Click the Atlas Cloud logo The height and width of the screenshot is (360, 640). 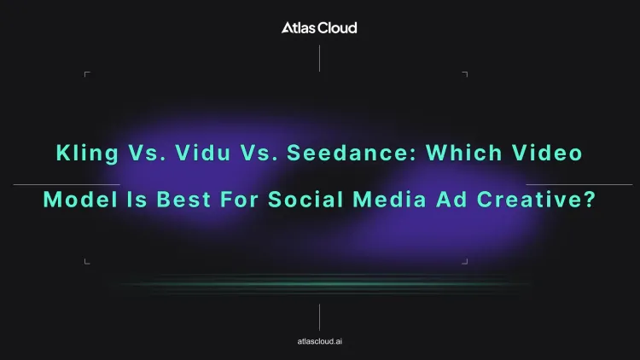point(319,28)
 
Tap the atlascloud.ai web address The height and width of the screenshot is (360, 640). point(320,341)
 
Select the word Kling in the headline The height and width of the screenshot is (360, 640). point(87,154)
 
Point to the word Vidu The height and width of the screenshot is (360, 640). point(203,153)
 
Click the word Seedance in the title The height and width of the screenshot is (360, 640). point(352,153)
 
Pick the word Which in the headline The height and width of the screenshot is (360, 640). point(464,153)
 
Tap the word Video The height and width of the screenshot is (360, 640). point(547,153)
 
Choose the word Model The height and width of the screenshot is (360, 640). point(80,199)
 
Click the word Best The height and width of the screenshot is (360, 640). point(183,199)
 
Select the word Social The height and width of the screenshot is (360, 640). point(305,199)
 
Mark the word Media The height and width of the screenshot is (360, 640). point(390,199)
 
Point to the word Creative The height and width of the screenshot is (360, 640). point(530,199)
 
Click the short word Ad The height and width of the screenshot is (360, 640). point(451,199)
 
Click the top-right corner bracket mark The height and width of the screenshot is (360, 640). point(467,73)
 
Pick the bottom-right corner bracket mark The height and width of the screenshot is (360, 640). point(467,264)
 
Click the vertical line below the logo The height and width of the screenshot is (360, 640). point(319,58)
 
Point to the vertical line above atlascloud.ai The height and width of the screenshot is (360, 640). point(319,317)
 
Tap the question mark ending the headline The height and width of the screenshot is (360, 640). point(590,199)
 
